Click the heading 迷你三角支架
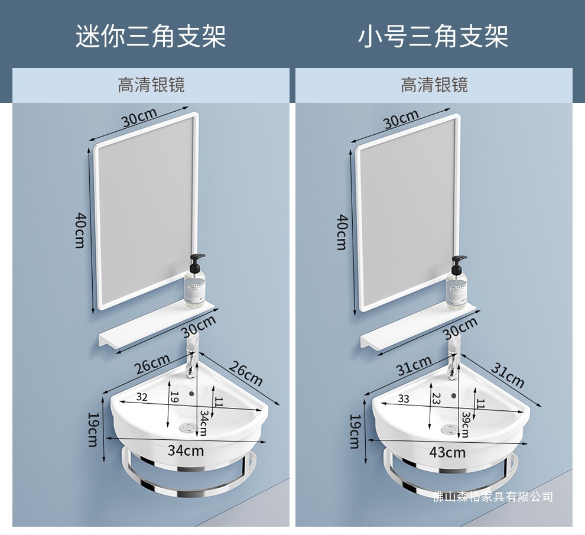[x=151, y=36]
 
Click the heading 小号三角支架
[x=433, y=36]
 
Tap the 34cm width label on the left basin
[x=186, y=450]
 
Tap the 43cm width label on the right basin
[x=447, y=452]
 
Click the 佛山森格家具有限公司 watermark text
[x=493, y=497]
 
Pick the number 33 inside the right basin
[x=404, y=399]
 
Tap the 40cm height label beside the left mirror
[x=81, y=230]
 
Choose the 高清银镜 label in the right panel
[x=434, y=85]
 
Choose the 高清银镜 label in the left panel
[x=151, y=85]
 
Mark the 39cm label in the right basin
[x=465, y=424]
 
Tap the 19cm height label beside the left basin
[x=92, y=430]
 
